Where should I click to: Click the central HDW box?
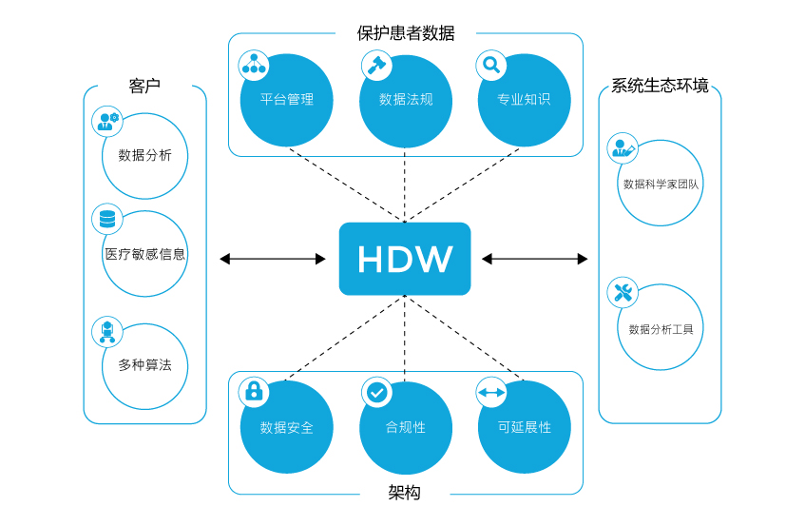click(405, 259)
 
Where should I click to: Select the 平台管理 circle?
click(287, 101)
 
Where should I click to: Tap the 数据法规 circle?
click(406, 101)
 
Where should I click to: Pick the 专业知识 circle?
click(524, 101)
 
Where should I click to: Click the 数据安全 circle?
click(287, 427)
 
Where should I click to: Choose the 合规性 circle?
click(406, 427)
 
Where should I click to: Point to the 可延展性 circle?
click(524, 427)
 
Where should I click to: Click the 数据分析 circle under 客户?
click(144, 156)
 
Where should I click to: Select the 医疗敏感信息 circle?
click(144, 254)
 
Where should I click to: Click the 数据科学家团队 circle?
click(661, 184)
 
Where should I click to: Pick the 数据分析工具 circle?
click(661, 328)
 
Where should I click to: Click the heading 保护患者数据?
click(406, 33)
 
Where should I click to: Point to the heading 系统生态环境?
click(660, 86)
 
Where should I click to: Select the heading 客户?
click(144, 86)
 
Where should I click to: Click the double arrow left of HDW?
click(273, 259)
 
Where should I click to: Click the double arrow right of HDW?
click(535, 259)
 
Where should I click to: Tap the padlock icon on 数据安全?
click(254, 391)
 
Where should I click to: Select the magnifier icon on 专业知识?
click(491, 65)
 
